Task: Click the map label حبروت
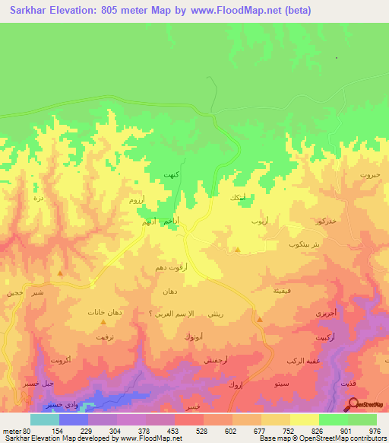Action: [x=370, y=176]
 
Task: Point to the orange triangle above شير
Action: [x=60, y=272]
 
